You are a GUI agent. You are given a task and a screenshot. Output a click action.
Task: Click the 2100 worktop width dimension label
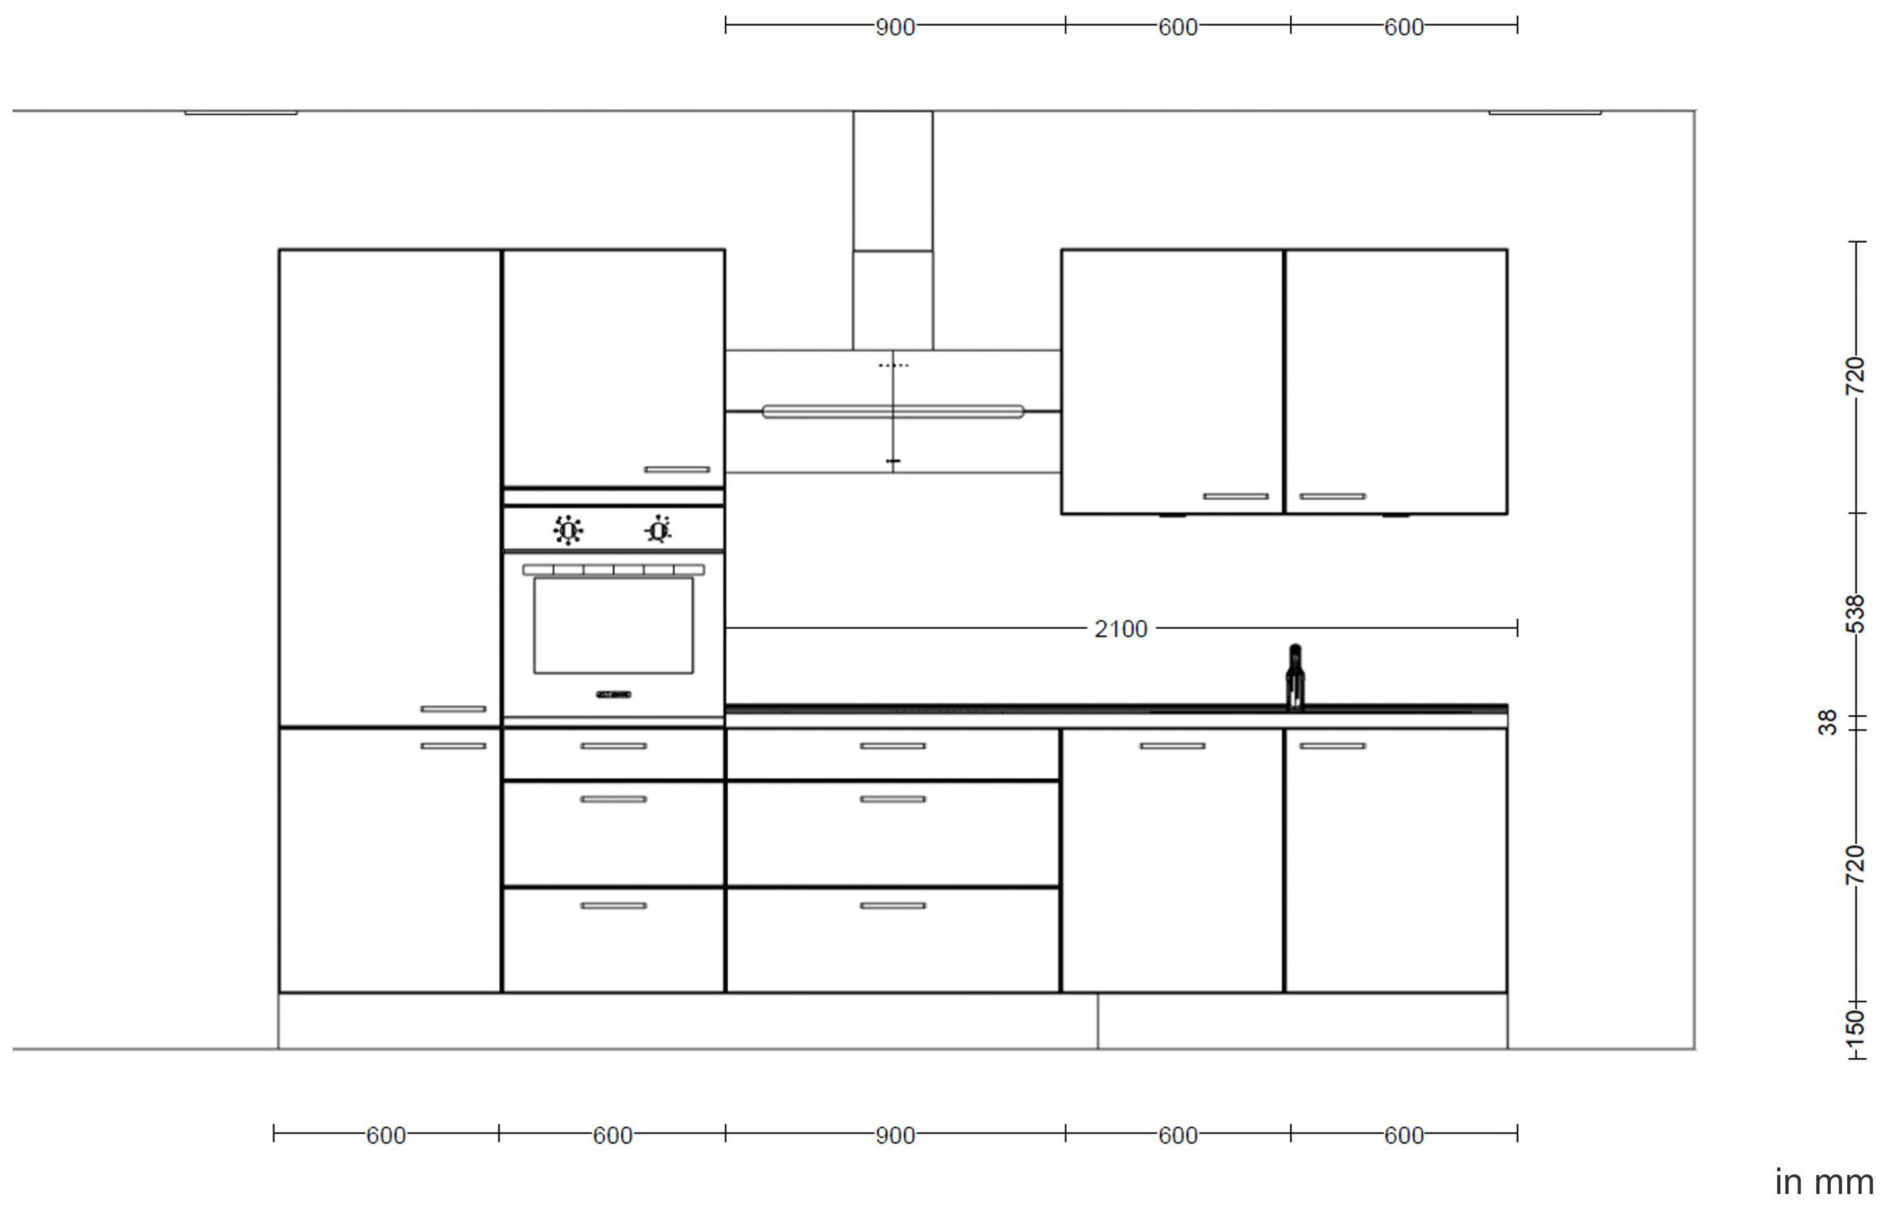[x=1120, y=629]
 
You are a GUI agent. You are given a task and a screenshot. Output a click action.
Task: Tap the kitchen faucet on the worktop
[x=1295, y=678]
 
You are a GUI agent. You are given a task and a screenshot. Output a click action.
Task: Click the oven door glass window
[x=613, y=625]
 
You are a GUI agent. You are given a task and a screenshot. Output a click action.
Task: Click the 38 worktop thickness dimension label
[x=1827, y=723]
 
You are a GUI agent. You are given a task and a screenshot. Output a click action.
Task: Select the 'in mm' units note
[x=1824, y=1182]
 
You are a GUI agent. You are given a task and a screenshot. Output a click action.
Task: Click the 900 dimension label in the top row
[x=896, y=28]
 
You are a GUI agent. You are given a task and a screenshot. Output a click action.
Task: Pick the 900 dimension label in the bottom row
[x=896, y=1135]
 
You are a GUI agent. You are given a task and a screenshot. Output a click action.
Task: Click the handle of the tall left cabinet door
[x=453, y=708]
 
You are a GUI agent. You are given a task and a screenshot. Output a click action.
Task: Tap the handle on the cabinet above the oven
[x=677, y=469]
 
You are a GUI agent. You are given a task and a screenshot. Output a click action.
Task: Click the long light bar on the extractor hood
[x=893, y=411]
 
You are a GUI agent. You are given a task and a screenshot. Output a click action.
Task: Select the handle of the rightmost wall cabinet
[x=1333, y=496]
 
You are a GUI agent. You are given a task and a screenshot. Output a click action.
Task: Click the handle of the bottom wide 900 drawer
[x=893, y=905]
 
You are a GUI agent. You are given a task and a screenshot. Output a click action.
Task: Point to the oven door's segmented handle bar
[x=613, y=570]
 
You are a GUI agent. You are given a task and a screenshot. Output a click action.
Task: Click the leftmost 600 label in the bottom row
[x=386, y=1135]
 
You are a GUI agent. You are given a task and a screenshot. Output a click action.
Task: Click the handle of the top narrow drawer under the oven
[x=613, y=746]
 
